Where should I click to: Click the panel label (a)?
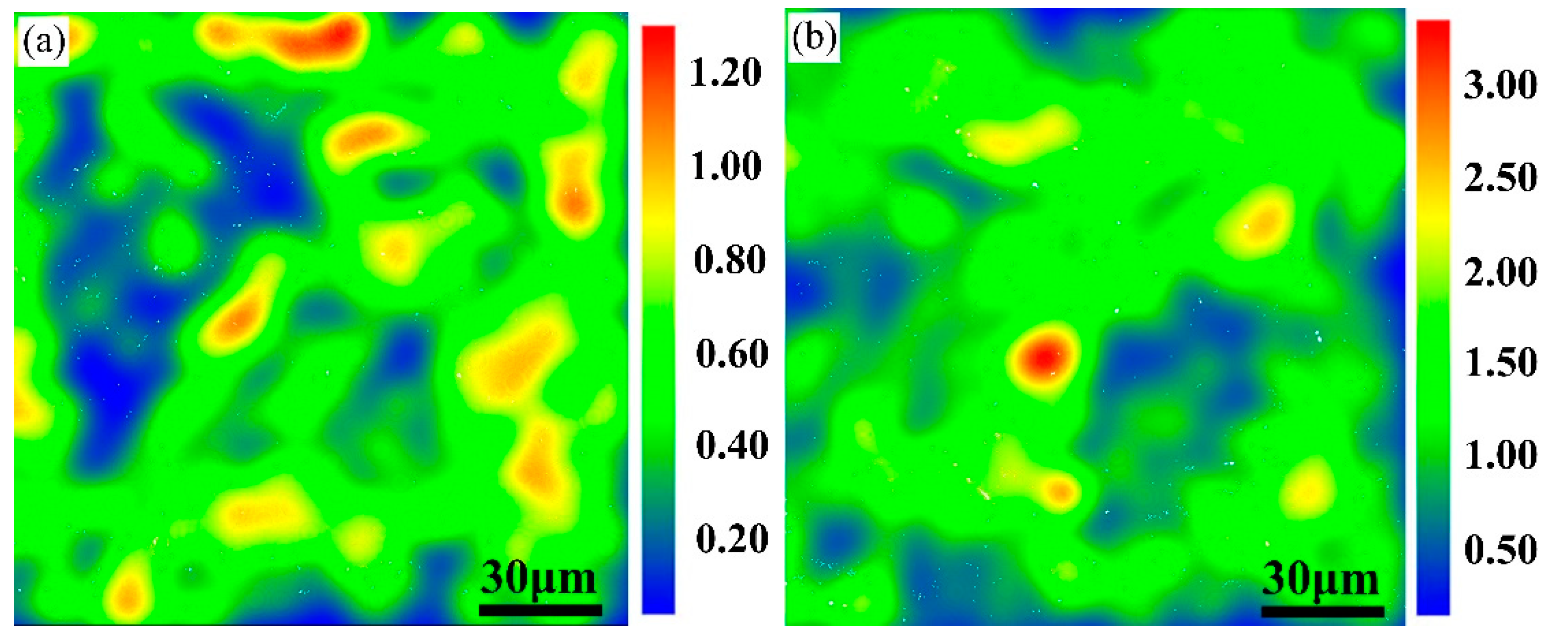pos(43,42)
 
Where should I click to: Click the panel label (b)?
pos(813,38)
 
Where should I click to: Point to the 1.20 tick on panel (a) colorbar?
pos(725,73)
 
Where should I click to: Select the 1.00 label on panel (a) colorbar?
pos(726,166)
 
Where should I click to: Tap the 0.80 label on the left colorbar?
pos(729,260)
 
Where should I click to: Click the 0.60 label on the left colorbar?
pos(732,354)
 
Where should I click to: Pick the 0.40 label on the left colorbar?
pos(732,445)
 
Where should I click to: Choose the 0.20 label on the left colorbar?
pos(732,538)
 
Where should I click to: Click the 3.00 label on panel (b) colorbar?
pos(1500,85)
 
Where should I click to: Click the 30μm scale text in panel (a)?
pos(538,578)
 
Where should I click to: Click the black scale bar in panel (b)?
pos(1323,611)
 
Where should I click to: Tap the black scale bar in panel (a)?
pos(540,610)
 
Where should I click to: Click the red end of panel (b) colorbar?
pos(1433,36)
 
